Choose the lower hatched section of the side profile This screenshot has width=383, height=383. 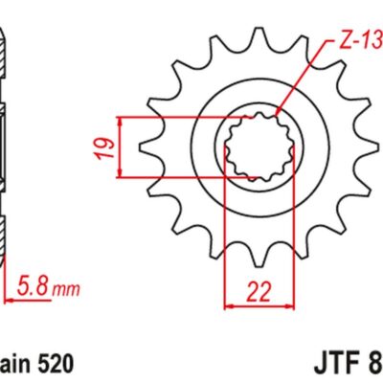(x=5, y=239)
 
